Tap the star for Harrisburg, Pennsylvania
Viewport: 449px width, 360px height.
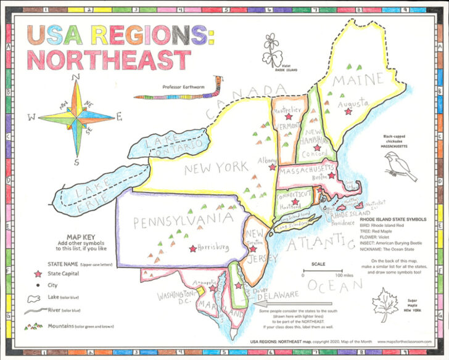(194, 248)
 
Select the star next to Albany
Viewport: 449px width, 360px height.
(271, 166)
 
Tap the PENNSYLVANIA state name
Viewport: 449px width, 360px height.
(177, 221)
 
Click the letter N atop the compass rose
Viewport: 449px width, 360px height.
(76, 77)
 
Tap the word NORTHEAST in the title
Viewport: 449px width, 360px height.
(109, 61)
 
